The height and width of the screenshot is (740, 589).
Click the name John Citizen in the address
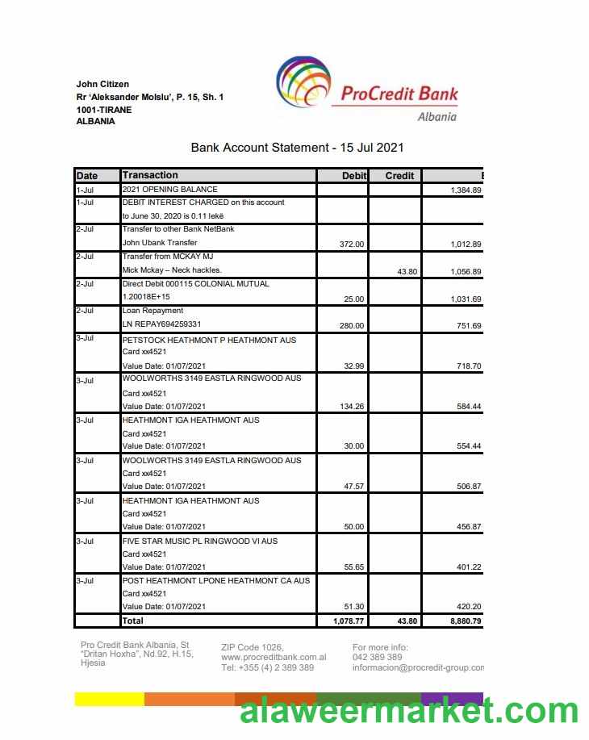click(102, 84)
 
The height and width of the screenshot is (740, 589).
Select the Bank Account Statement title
click(297, 148)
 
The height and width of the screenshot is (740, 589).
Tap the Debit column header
click(354, 176)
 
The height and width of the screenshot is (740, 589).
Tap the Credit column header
click(399, 176)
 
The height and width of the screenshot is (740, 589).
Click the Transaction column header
click(150, 175)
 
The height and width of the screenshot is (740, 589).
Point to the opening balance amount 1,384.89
click(465, 190)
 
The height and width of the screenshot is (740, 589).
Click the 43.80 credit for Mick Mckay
click(407, 272)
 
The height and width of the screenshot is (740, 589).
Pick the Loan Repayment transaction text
click(152, 311)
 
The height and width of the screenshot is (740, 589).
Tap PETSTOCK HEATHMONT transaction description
click(209, 341)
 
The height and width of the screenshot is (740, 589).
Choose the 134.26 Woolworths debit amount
click(352, 407)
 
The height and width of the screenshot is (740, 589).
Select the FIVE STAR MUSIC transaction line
click(199, 541)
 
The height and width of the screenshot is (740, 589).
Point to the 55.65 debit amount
click(353, 567)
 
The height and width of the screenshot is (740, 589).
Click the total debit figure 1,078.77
click(349, 621)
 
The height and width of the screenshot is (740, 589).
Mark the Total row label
click(132, 621)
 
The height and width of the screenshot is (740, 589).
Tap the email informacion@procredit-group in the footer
click(418, 668)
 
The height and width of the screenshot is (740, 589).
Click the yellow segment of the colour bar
click(109, 699)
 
